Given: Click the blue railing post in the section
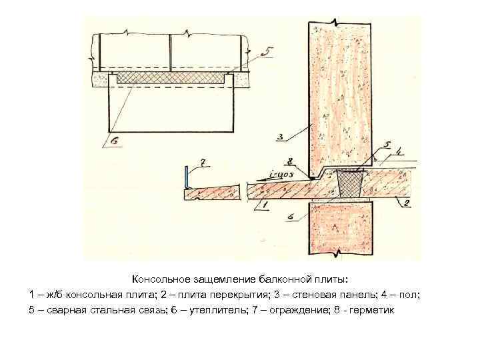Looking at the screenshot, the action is (x=185, y=178).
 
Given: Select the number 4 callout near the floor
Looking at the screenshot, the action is (x=399, y=153).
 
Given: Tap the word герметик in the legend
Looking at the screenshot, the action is (x=371, y=310).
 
